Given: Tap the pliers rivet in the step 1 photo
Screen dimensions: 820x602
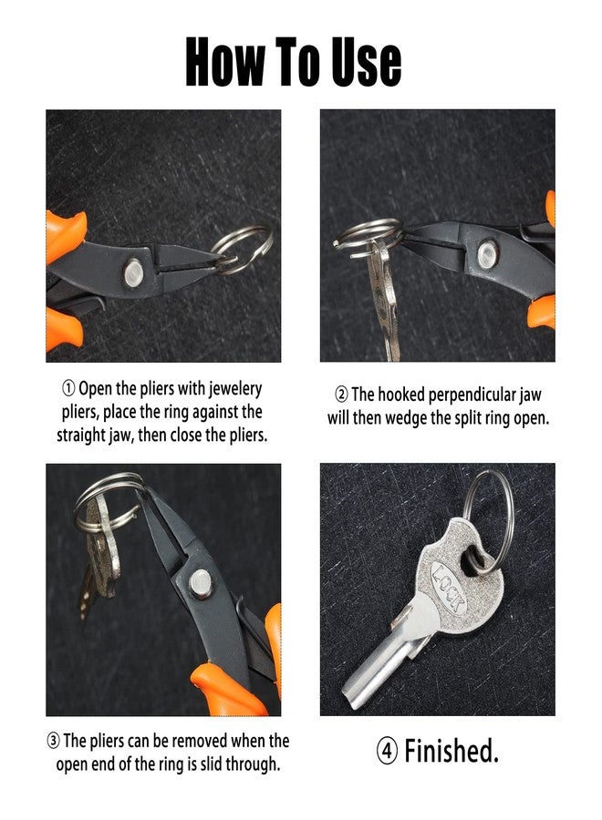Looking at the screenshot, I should (134, 270).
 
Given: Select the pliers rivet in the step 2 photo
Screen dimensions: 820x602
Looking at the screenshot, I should (487, 250).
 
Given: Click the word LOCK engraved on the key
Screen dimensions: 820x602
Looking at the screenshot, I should (452, 593).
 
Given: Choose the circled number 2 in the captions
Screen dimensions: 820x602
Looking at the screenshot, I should (341, 395).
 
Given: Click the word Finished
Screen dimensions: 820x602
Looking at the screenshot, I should (451, 752).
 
